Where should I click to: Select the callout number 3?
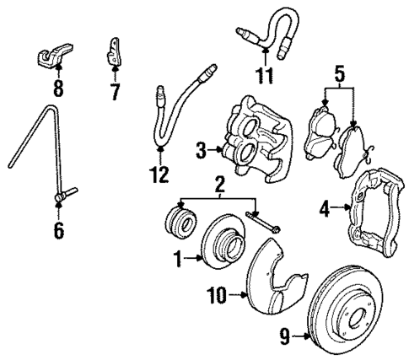tap(202, 152)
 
